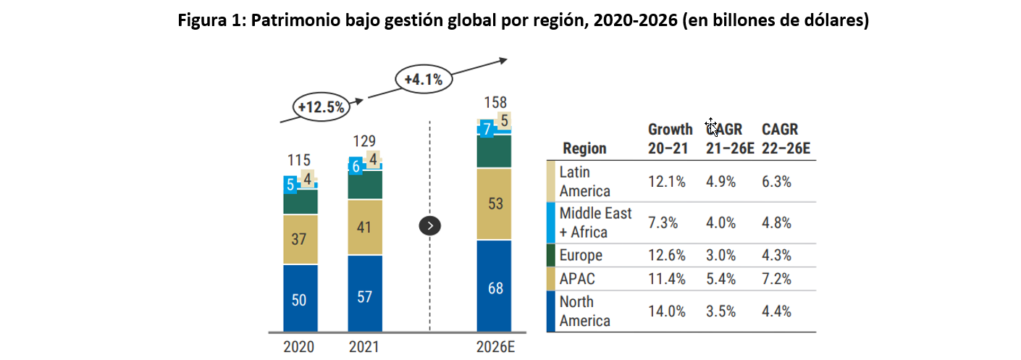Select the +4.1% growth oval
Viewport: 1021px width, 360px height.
pos(424,78)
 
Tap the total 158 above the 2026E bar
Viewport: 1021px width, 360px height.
pos(495,102)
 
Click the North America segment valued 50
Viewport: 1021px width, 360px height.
pos(299,299)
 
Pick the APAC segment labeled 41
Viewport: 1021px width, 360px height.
pos(364,227)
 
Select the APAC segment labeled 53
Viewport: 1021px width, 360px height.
pos(495,204)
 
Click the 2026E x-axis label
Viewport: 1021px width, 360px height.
pos(495,347)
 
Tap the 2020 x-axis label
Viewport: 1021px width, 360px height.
pos(299,347)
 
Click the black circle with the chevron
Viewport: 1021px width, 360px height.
pos(430,226)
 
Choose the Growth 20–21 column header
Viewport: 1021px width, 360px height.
pos(670,138)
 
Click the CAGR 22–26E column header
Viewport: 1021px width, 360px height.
pos(786,138)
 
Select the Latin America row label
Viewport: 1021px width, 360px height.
pos(585,181)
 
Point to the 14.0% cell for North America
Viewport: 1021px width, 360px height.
pos(666,311)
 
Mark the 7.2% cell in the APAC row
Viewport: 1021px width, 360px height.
pos(776,279)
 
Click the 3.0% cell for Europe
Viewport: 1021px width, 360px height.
pos(720,256)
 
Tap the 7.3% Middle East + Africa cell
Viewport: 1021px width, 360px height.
pos(663,223)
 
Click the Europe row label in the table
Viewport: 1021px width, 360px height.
pos(581,256)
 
